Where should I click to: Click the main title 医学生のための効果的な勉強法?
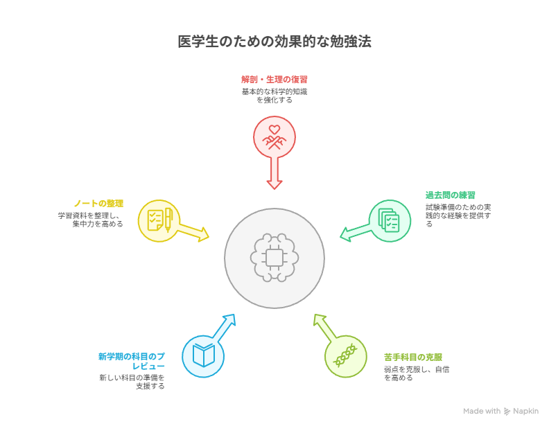(274, 42)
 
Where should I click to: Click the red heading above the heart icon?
(274, 79)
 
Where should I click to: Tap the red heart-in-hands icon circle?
(274, 136)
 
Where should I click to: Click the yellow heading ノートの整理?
(98, 203)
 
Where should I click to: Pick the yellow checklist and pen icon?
(159, 220)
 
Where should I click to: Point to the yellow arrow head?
(202, 235)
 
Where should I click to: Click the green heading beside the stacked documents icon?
(450, 195)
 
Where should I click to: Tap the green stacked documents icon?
(390, 220)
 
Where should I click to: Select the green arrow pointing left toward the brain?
(355, 231)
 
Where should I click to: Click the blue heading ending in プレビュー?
(132, 361)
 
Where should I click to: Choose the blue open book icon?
(203, 356)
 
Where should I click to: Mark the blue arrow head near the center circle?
(229, 320)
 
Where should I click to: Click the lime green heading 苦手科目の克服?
(413, 357)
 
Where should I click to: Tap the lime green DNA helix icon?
(345, 356)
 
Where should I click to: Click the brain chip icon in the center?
(274, 258)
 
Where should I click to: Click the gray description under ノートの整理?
(91, 219)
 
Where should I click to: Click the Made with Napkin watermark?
(500, 411)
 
